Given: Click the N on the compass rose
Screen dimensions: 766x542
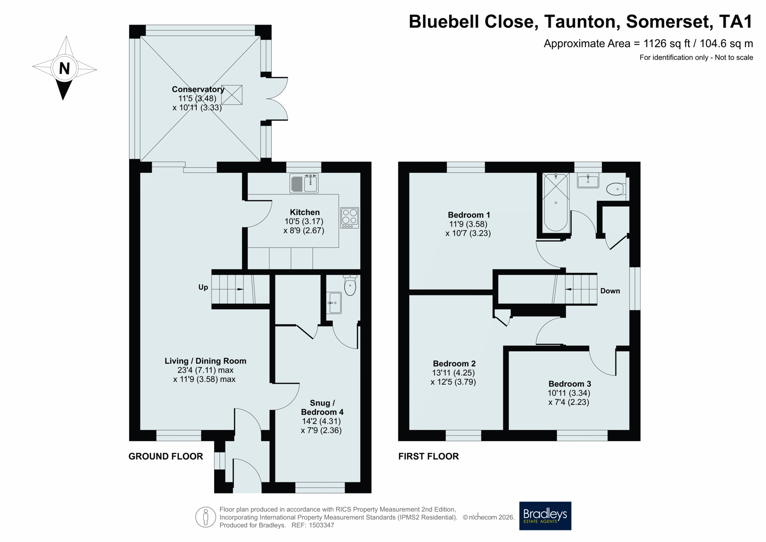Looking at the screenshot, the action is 64,69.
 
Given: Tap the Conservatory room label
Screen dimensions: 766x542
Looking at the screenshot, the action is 198,89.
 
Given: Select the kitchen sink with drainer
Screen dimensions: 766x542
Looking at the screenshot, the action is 304,184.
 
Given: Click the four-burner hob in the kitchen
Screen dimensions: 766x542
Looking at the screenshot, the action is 349,218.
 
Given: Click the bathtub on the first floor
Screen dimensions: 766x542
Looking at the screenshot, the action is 556,202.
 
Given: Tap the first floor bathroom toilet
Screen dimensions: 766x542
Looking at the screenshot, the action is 616,189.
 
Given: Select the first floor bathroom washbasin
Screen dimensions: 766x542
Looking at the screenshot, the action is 588,180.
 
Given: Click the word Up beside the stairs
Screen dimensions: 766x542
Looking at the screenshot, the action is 203,287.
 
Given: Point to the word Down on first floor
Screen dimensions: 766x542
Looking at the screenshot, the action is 610,291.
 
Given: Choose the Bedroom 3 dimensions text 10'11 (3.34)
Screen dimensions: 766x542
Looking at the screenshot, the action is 569,393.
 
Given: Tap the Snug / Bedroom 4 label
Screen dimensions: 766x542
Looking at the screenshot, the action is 322,407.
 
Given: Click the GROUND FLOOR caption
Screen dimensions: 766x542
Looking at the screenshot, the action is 166,456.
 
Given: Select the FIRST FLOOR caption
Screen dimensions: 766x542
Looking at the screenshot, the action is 428,456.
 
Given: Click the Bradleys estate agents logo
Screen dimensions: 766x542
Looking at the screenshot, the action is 545,516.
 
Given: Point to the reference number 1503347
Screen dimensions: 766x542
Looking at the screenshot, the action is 321,525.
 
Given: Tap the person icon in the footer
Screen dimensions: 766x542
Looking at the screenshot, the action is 205,517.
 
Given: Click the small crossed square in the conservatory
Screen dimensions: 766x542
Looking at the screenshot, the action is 232,95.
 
